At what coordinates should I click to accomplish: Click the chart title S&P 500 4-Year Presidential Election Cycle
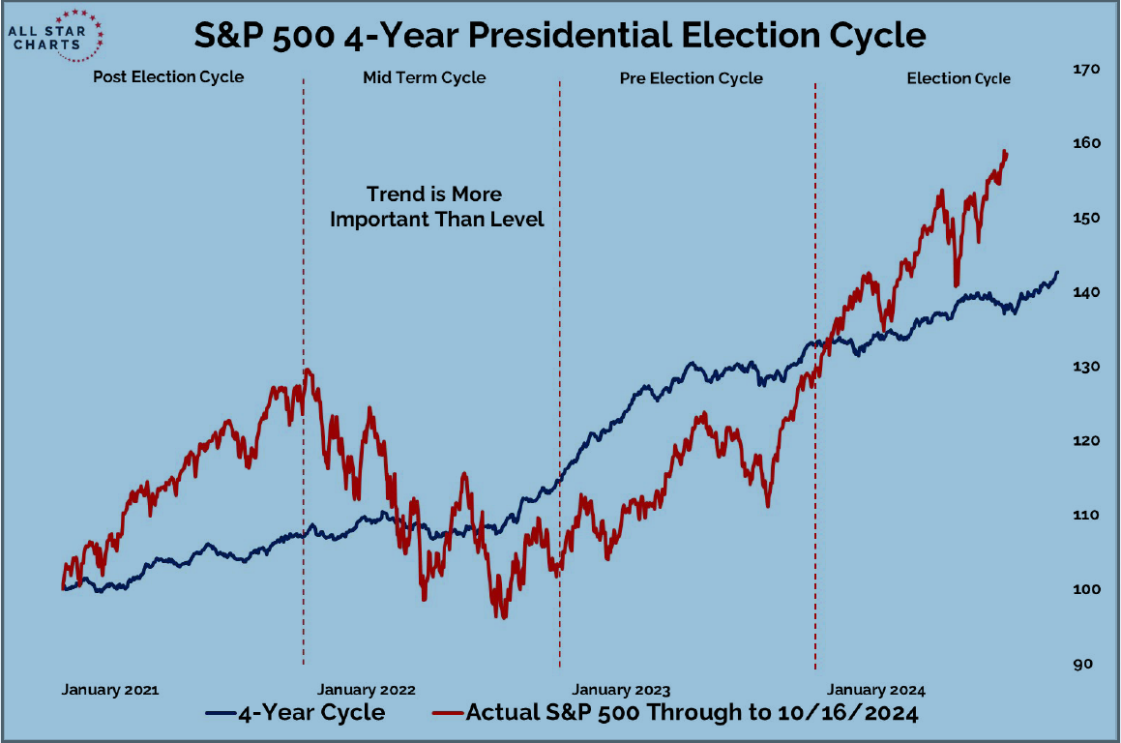[x=560, y=36]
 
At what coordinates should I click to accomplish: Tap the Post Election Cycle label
[x=168, y=77]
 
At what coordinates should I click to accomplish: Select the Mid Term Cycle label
[x=424, y=77]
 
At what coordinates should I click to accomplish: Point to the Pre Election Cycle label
[x=691, y=78]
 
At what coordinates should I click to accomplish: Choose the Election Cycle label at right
[x=958, y=78]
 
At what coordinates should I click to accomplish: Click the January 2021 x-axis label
[x=109, y=690]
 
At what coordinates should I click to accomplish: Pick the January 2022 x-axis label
[x=366, y=690]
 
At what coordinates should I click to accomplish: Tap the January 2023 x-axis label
[x=621, y=690]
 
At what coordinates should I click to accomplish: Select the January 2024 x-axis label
[x=876, y=690]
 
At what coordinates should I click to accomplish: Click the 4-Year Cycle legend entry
[x=296, y=714]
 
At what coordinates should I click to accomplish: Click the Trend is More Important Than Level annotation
[x=437, y=207]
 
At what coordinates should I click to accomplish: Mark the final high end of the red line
[x=1006, y=152]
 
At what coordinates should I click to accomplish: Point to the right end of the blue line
[x=1057, y=273]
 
